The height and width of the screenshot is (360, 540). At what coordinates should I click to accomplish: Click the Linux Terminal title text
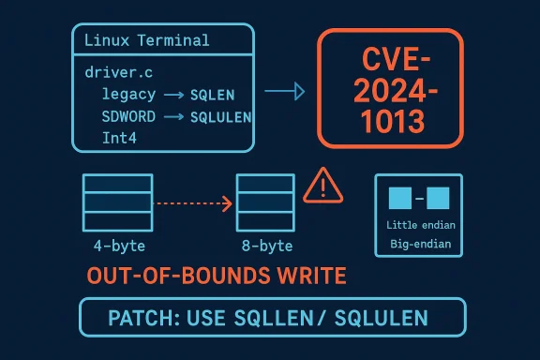pyautogui.click(x=146, y=41)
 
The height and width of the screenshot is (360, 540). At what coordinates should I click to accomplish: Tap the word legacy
pyautogui.click(x=128, y=96)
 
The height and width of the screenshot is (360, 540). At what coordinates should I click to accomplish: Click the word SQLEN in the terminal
pyautogui.click(x=213, y=96)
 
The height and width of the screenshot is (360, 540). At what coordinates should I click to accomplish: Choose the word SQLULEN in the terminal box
pyautogui.click(x=220, y=117)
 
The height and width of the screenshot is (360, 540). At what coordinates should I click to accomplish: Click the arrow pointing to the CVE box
pyautogui.click(x=285, y=92)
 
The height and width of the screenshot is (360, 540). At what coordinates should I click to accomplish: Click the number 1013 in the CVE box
pyautogui.click(x=391, y=122)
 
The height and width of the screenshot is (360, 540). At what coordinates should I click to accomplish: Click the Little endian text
pyautogui.click(x=418, y=226)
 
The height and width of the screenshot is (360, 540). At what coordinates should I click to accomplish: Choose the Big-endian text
pyautogui.click(x=418, y=245)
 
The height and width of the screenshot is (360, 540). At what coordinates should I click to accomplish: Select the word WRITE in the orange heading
pyautogui.click(x=301, y=276)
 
